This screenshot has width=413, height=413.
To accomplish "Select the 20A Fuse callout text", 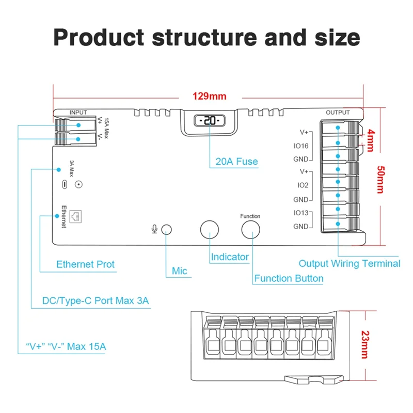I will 236,162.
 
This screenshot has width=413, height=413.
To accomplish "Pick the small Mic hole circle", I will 167,229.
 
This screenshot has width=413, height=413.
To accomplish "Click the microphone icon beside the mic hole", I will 154,229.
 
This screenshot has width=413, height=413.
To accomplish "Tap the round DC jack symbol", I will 79,184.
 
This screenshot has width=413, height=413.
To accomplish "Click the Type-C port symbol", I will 64,184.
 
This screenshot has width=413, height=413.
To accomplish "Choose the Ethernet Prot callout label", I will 86,265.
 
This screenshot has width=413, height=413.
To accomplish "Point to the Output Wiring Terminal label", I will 350,263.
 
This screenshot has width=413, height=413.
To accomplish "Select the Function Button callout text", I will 289,279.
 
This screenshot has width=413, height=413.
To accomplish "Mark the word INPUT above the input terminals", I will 78,112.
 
